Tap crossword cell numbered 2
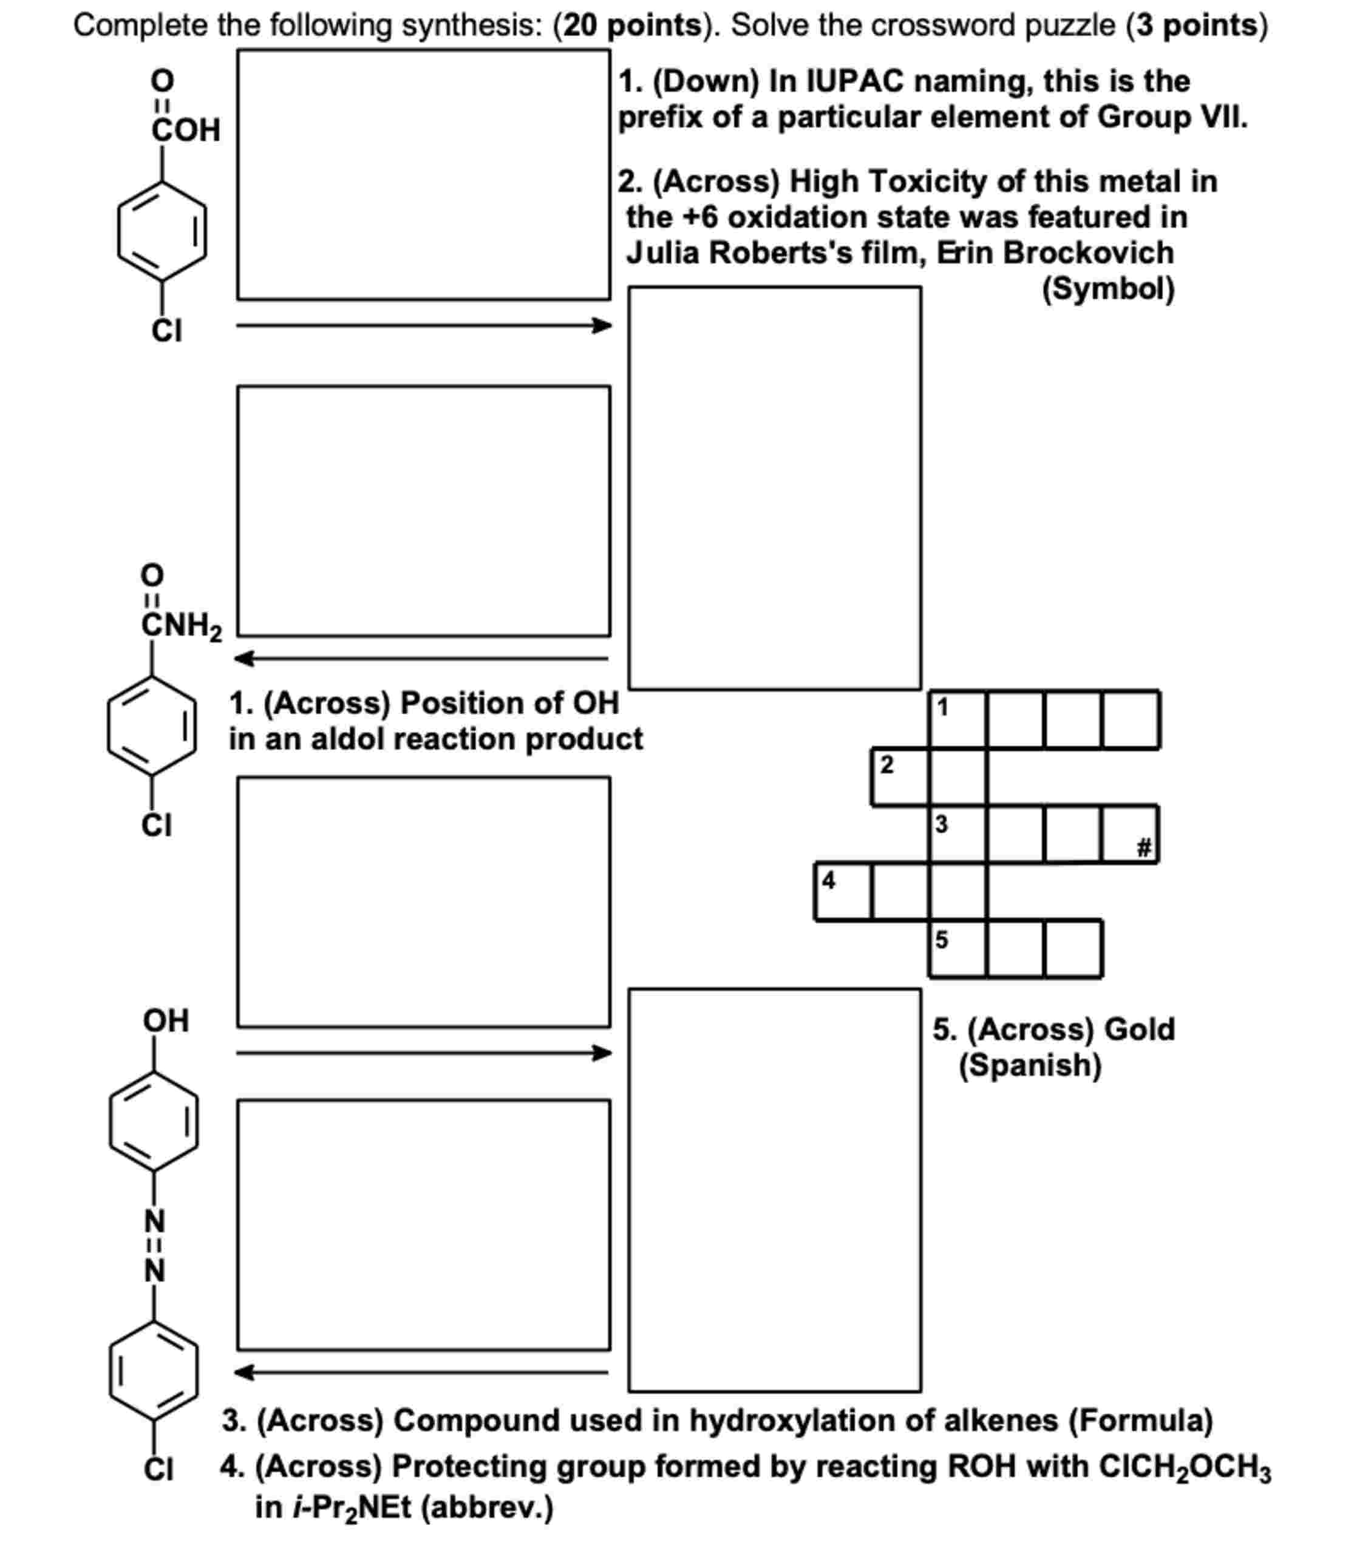coord(900,777)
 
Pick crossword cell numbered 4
coord(842,891)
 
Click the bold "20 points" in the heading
coord(632,25)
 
